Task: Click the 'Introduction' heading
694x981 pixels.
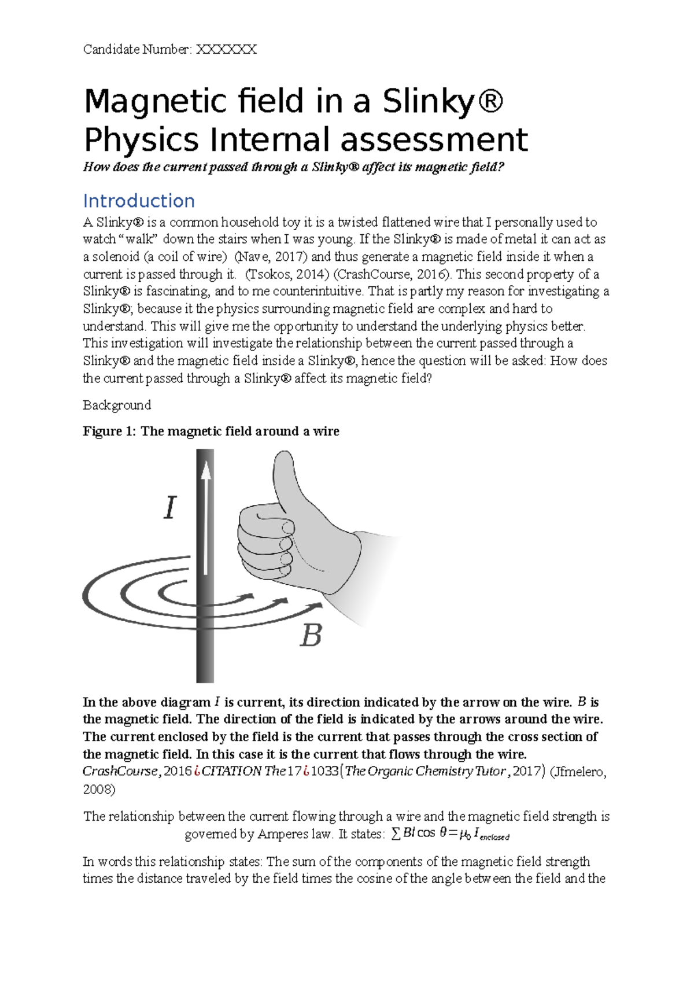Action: (x=139, y=201)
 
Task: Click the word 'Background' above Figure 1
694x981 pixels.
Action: (x=117, y=405)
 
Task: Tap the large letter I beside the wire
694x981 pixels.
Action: (x=169, y=508)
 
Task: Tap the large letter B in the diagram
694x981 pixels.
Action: (x=311, y=636)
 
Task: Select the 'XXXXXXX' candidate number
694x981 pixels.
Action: (x=226, y=49)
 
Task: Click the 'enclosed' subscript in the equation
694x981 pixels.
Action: (x=494, y=837)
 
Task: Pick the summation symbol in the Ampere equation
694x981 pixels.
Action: (x=396, y=834)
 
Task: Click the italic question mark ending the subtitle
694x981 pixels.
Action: (x=501, y=167)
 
